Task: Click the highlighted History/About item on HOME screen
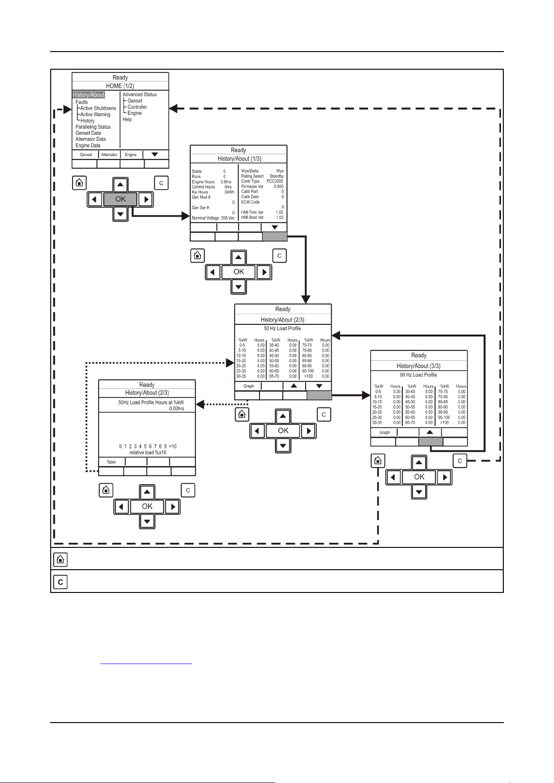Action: coord(89,95)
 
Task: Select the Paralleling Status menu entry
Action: coord(93,127)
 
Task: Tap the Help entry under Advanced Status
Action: coord(127,119)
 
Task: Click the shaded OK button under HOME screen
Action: coord(120,199)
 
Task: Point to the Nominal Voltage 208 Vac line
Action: coord(213,218)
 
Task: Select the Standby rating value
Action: coord(276,176)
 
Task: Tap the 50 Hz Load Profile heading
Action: coord(282,329)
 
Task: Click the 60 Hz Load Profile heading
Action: coord(418,375)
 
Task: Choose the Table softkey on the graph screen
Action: coord(111,462)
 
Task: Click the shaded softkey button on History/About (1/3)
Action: coord(275,237)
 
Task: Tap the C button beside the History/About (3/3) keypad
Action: coord(460,461)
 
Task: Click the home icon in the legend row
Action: coord(60,559)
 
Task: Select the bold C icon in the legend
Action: coord(60,582)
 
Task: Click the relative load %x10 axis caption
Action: coord(147,453)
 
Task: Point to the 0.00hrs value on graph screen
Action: coord(176,408)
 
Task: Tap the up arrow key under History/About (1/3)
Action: coord(239,257)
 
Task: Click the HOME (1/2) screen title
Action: coord(120,86)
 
